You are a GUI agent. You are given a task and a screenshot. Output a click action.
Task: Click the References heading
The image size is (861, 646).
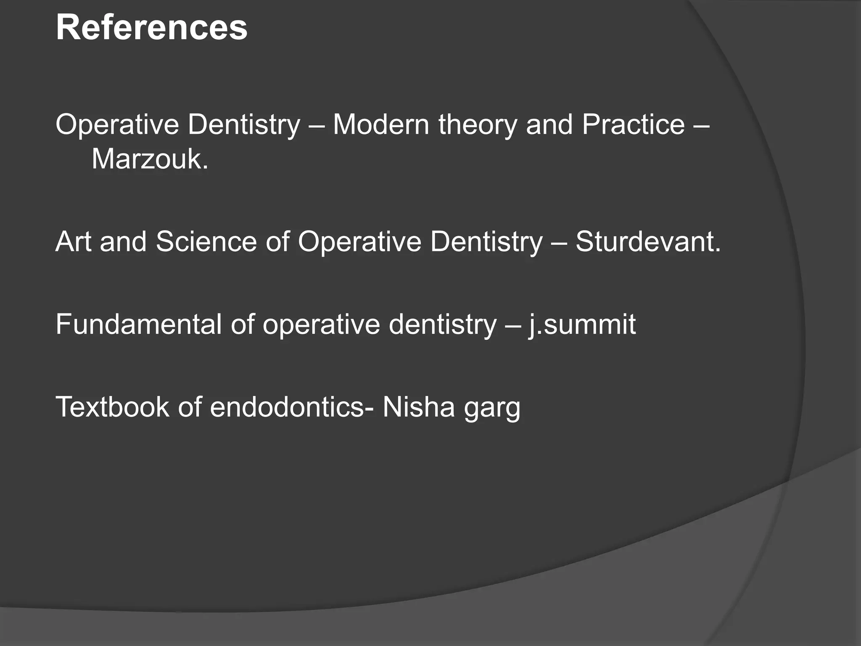[x=151, y=28]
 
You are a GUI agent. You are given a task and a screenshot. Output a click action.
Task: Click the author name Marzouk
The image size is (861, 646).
[x=150, y=159]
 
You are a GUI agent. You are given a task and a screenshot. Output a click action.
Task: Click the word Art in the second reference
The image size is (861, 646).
[x=73, y=242]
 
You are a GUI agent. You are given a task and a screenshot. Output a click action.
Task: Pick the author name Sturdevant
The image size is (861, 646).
[x=648, y=242]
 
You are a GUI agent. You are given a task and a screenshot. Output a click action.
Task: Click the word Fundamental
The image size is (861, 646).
[x=138, y=324]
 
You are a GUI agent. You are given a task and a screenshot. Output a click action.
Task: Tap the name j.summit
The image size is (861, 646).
[x=582, y=324]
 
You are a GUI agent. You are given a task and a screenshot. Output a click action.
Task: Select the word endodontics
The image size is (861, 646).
[x=287, y=407]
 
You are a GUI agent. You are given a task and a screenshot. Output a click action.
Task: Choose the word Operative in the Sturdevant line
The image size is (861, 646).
[x=359, y=243]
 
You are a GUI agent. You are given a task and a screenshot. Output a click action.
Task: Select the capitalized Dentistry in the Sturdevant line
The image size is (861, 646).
[x=486, y=243]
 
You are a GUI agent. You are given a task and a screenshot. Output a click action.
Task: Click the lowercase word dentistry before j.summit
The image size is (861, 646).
[x=443, y=324]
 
